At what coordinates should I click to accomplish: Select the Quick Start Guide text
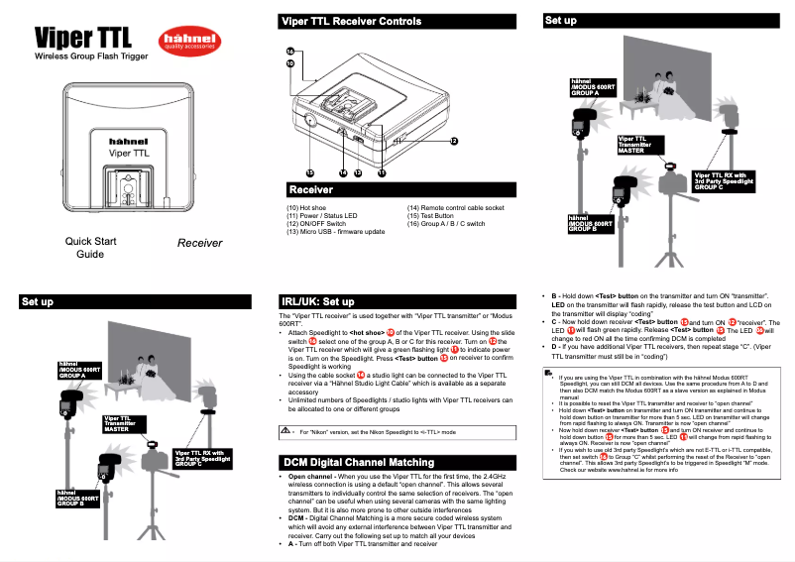coord(90,247)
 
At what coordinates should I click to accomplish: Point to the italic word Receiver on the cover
coord(199,242)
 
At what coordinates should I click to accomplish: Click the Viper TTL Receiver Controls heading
coord(351,20)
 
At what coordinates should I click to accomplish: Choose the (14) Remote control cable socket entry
coord(455,208)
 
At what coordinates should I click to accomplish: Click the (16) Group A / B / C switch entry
coord(446,224)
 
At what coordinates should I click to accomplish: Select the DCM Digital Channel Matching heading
coord(357,462)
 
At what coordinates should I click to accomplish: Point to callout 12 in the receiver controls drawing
coord(453,141)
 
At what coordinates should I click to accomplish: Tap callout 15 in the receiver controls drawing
coord(309,172)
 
